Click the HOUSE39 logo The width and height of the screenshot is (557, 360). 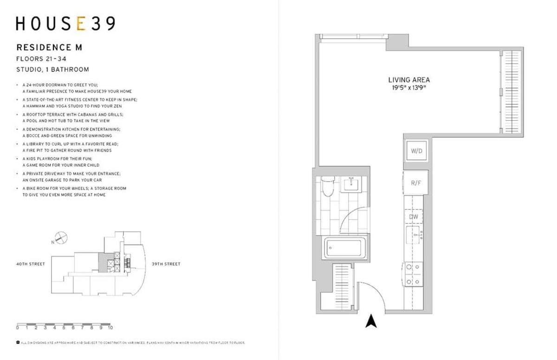(x=65, y=24)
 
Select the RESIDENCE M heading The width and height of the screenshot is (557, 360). (x=49, y=47)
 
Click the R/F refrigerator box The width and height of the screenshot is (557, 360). (x=415, y=183)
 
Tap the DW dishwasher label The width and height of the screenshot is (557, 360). (x=414, y=216)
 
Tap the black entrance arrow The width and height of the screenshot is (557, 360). (x=370, y=321)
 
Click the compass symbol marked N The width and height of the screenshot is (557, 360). (x=62, y=238)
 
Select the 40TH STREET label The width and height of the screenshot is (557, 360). (x=31, y=264)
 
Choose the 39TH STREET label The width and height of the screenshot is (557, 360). (x=166, y=264)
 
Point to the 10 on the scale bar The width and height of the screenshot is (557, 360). (x=110, y=328)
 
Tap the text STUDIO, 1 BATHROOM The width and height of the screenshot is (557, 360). (x=52, y=70)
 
